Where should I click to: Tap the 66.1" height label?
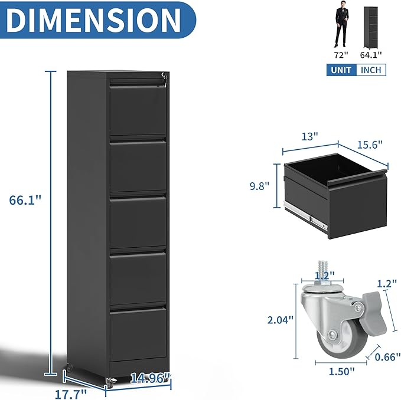[25, 200]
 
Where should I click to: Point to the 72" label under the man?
[341, 55]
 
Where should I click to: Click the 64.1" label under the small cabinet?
[371, 55]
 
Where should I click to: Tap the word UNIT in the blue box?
[341, 70]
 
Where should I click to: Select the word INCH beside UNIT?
[371, 70]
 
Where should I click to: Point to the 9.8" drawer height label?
[259, 186]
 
